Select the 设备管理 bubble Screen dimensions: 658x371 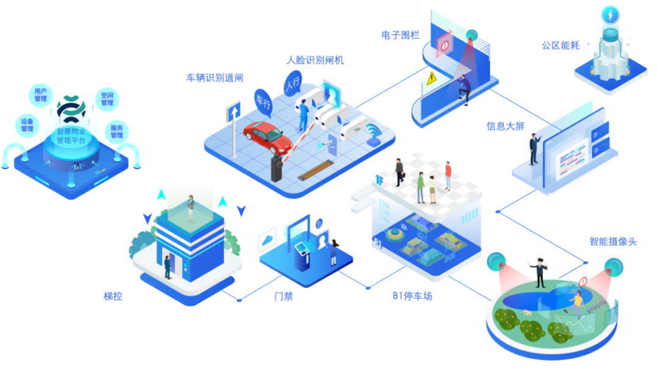(27, 124)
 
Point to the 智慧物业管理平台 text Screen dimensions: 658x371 (71, 135)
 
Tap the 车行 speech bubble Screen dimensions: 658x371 (263, 101)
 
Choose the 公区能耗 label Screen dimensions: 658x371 (561, 45)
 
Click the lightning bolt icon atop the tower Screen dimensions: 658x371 (610, 14)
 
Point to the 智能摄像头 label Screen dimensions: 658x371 (612, 241)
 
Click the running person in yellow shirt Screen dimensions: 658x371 (576, 301)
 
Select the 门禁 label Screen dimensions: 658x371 (283, 297)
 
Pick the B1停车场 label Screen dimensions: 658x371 (412, 297)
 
